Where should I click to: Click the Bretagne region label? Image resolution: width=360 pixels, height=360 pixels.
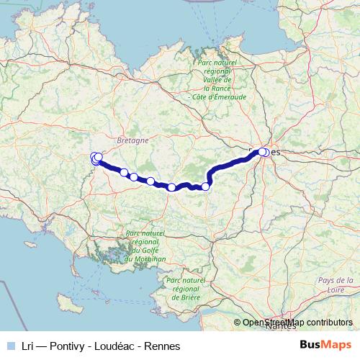(x=132, y=141)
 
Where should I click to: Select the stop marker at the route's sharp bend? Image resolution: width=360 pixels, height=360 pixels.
(x=205, y=187)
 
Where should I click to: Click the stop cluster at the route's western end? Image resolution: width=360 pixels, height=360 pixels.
(x=96, y=159)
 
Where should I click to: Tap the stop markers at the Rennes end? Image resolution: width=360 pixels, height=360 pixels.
(x=264, y=153)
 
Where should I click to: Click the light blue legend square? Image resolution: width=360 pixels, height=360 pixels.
(x=11, y=345)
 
